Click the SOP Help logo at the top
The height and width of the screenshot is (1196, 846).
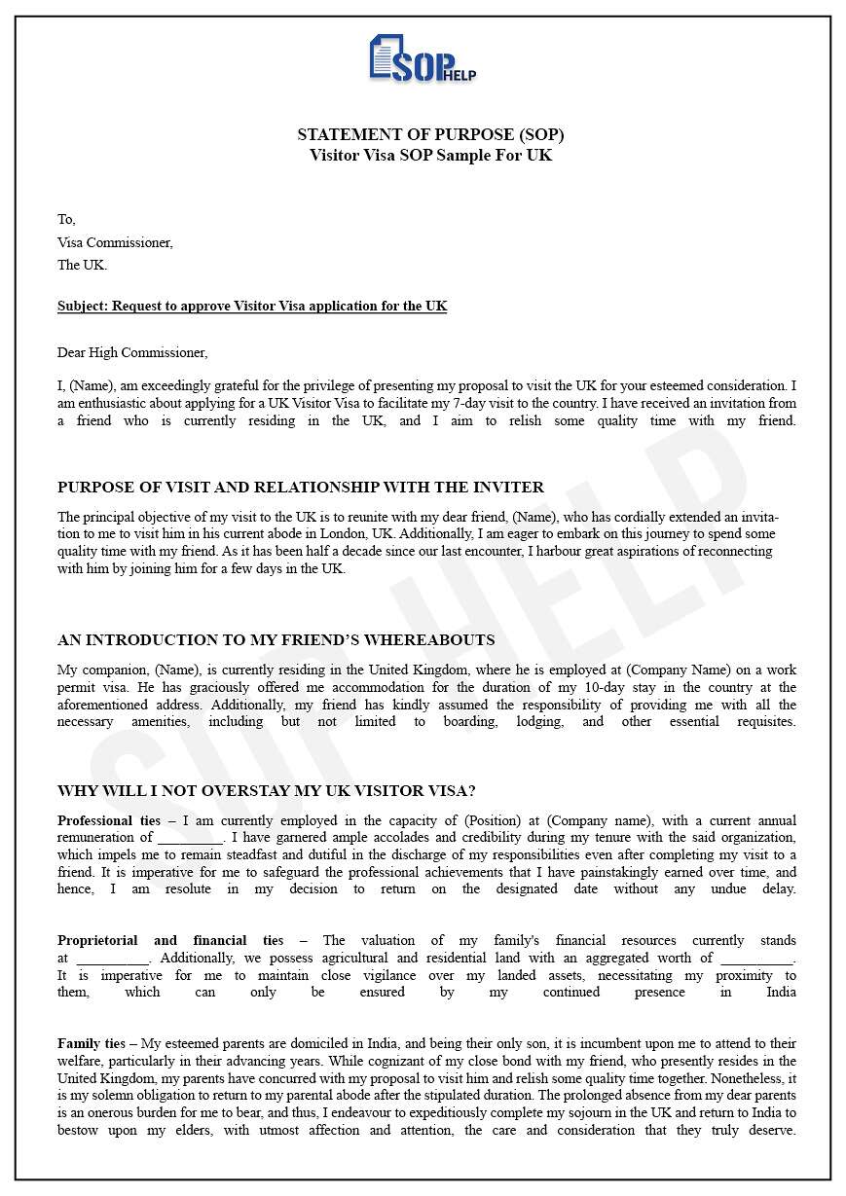[x=423, y=59]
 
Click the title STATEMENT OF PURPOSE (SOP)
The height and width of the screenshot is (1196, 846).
[x=430, y=134]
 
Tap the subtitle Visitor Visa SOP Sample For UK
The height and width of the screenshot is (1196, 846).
[x=430, y=155]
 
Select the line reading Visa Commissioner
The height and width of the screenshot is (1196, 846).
[x=115, y=242]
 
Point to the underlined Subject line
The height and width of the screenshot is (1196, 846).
[x=252, y=306]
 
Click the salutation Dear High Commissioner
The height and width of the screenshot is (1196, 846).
[x=132, y=352]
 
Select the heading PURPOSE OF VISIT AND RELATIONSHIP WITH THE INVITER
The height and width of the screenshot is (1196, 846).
[x=301, y=487]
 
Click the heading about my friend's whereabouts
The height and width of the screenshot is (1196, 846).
[x=276, y=639]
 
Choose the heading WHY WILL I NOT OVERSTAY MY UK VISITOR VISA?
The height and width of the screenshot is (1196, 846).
[x=266, y=790]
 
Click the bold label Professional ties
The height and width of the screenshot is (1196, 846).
[x=109, y=820]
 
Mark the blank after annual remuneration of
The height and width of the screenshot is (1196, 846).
[x=190, y=837]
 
